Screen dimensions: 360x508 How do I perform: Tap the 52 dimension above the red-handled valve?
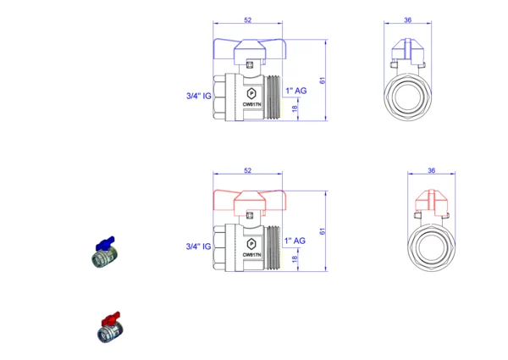(x=247, y=171)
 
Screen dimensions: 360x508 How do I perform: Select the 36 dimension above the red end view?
(x=431, y=171)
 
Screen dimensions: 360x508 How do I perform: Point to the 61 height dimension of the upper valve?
(x=323, y=80)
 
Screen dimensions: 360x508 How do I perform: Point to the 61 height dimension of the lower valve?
(x=323, y=230)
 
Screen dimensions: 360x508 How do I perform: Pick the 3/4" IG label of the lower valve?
(x=197, y=246)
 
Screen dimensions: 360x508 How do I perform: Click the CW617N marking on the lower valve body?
(x=251, y=254)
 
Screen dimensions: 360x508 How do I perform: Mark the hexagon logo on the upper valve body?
(x=251, y=90)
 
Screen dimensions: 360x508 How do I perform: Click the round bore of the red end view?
(x=431, y=247)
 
